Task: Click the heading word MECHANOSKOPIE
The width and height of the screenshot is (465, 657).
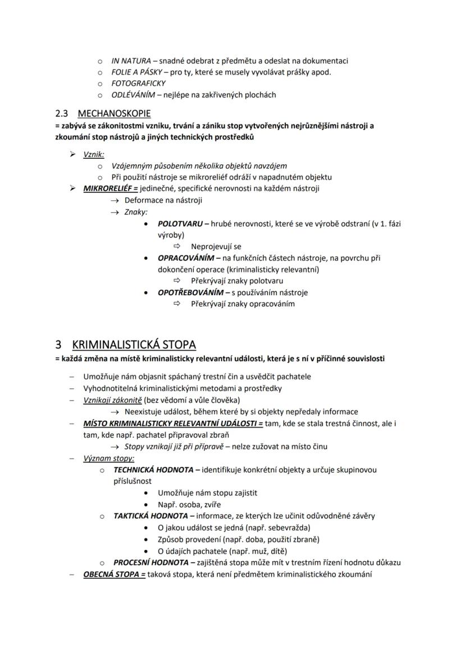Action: pyautogui.click(x=114, y=113)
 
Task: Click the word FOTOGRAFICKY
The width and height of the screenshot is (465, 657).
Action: pyautogui.click(x=139, y=84)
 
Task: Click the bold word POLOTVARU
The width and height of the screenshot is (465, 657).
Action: pyautogui.click(x=180, y=223)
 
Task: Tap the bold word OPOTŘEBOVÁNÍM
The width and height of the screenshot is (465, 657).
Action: pyautogui.click(x=190, y=292)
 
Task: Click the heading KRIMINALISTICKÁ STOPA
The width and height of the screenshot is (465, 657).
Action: pyautogui.click(x=134, y=344)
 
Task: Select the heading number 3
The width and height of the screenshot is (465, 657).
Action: pyautogui.click(x=58, y=344)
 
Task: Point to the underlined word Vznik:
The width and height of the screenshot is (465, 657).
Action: pyautogui.click(x=94, y=154)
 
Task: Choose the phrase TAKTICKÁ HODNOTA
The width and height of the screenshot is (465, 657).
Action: pyautogui.click(x=150, y=516)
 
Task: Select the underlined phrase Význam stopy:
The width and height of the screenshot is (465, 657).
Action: pyautogui.click(x=104, y=458)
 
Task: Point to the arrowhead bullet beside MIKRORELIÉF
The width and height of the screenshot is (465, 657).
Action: pyautogui.click(x=72, y=189)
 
